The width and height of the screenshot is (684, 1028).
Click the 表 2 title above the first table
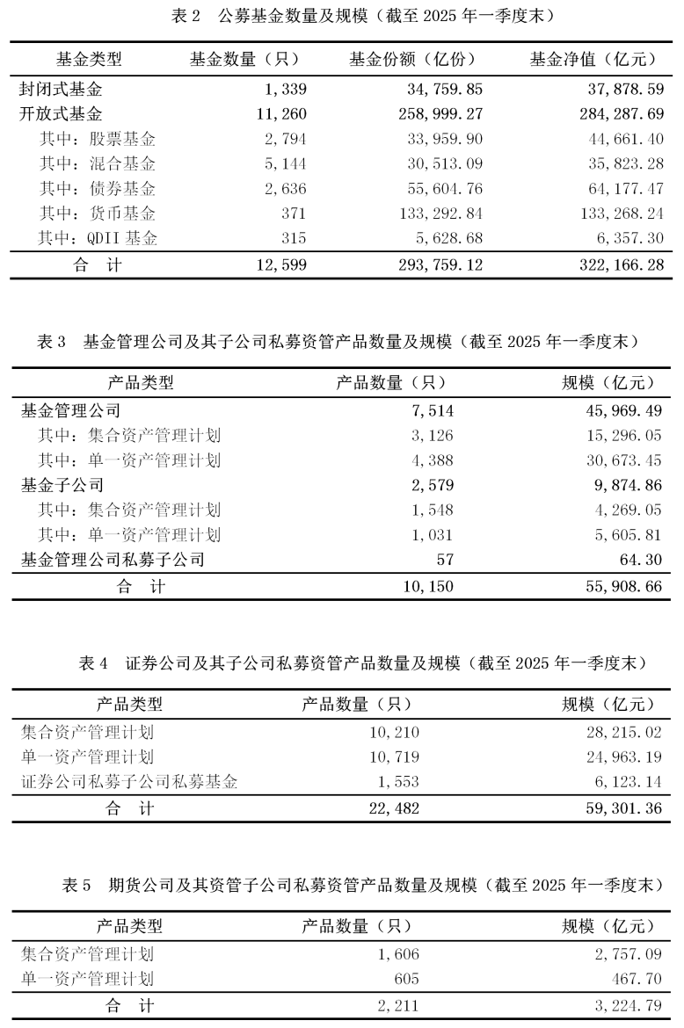pyautogui.click(x=342, y=16)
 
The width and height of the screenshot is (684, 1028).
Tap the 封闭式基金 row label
pyautogui.click(x=62, y=89)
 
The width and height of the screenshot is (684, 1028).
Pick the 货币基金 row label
pyautogui.click(x=98, y=214)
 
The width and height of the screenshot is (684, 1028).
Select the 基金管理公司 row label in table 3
pyautogui.click(x=70, y=410)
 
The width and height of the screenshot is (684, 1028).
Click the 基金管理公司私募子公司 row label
pyautogui.click(x=113, y=560)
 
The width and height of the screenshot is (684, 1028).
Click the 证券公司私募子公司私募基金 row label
pyautogui.click(x=129, y=782)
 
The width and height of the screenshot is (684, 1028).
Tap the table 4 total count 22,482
pyautogui.click(x=391, y=808)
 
